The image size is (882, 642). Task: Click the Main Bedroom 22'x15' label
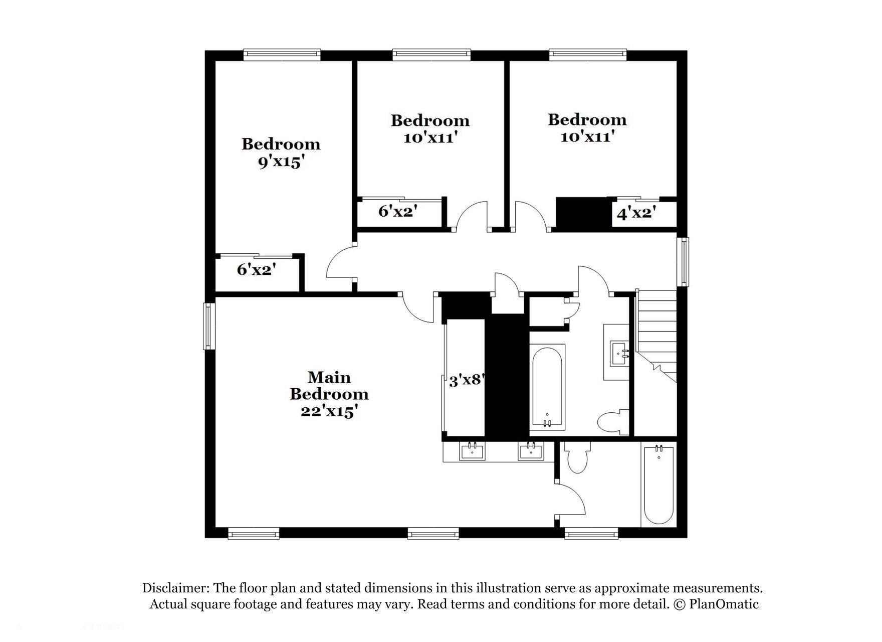pos(329,394)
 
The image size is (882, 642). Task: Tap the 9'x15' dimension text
pos(281,162)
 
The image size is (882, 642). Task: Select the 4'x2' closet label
pos(636,213)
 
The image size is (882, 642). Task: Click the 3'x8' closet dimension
pos(466,380)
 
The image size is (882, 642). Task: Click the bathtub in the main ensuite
pos(658,484)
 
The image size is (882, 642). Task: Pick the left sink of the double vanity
pos(472,451)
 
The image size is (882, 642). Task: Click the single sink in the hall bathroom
pos(619,353)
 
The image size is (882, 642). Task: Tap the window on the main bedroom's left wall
pos(208,326)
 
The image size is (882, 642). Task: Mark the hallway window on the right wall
pos(683,262)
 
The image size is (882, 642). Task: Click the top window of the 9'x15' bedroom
pos(282,54)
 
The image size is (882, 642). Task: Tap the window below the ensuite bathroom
pos(591,534)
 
